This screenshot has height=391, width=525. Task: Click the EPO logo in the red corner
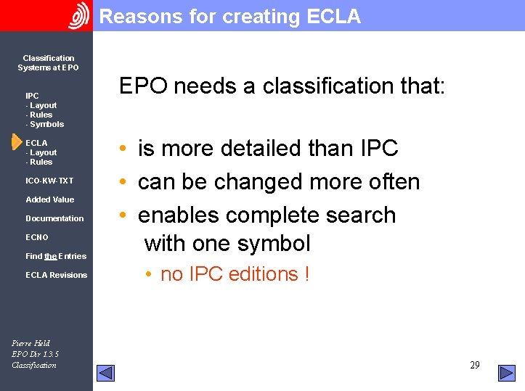click(78, 15)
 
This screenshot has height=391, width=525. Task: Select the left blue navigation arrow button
click(106, 373)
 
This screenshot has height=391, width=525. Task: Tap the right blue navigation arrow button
click(506, 373)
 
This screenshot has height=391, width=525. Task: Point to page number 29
click(474, 365)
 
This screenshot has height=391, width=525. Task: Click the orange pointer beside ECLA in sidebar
click(17, 143)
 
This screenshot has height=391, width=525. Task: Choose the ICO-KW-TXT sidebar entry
click(49, 181)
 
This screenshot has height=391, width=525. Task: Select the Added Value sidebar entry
click(49, 199)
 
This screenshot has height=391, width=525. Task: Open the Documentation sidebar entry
click(54, 218)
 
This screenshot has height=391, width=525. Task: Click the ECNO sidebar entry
click(37, 237)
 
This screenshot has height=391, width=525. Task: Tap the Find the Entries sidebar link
click(56, 256)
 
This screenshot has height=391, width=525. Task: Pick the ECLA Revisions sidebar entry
click(56, 275)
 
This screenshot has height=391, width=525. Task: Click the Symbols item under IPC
click(46, 124)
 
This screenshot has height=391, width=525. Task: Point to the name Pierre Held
click(31, 343)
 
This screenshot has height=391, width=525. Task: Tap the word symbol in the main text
click(277, 243)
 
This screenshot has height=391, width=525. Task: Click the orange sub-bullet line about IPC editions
click(235, 274)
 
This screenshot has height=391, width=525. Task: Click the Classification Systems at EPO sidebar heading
click(48, 62)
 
